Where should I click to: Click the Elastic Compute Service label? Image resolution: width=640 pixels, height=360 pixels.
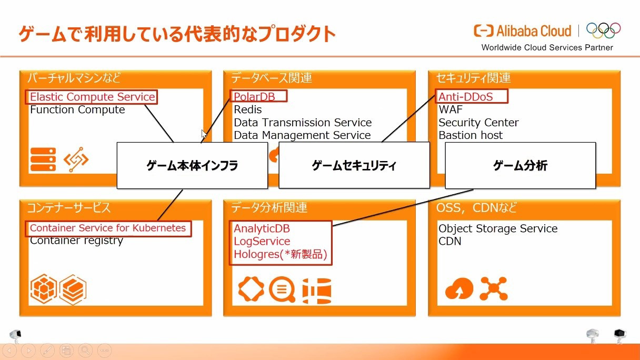(92, 97)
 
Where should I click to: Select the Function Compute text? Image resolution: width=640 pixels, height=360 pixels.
(77, 109)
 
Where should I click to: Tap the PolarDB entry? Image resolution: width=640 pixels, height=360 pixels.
(254, 97)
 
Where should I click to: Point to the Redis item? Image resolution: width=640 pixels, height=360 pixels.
(248, 109)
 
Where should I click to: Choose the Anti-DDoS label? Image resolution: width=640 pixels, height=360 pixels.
(466, 97)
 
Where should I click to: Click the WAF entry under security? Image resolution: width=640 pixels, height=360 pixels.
(451, 109)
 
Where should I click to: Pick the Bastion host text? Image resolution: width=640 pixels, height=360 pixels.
(471, 135)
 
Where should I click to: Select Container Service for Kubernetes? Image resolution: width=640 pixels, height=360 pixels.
(108, 228)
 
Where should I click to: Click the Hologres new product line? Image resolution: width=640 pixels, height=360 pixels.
(281, 254)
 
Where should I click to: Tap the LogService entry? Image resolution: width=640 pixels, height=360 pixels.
(262, 241)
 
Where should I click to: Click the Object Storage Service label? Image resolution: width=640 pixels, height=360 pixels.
(498, 228)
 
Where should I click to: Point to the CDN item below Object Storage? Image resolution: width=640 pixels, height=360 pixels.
(449, 241)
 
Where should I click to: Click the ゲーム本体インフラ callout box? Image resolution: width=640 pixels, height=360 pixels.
(192, 165)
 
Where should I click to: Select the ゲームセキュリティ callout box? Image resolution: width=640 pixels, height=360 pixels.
(354, 165)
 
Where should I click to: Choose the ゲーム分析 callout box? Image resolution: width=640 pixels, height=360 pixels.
(521, 165)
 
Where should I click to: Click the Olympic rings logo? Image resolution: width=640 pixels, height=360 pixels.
(604, 31)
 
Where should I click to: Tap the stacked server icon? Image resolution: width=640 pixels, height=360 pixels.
(43, 159)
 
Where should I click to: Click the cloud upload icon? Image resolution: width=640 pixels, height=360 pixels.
(459, 288)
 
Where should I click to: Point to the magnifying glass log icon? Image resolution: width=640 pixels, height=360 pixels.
(282, 289)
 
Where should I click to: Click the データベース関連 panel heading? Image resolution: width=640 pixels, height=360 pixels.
(271, 78)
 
